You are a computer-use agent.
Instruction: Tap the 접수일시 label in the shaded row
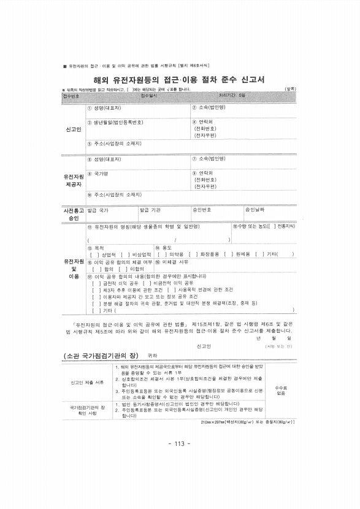pos(149,96)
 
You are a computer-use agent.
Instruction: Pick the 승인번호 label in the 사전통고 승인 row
pos(202,210)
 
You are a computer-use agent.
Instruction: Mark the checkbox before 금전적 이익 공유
pos(94,283)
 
